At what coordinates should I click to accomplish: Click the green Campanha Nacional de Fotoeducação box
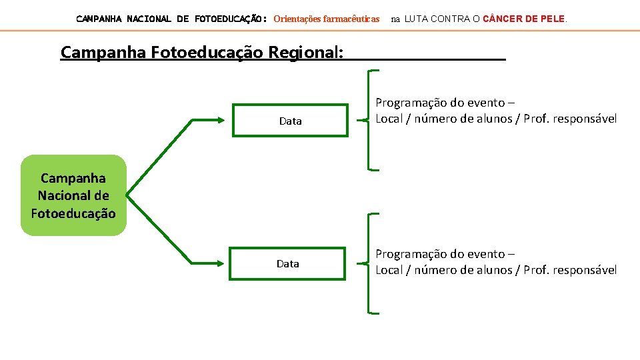(73, 195)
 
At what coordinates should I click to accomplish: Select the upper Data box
(290, 121)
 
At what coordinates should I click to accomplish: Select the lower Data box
(288, 263)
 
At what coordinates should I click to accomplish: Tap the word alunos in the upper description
(496, 119)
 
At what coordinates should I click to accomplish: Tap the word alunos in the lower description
(496, 270)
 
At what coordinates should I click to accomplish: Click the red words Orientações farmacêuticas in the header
(327, 19)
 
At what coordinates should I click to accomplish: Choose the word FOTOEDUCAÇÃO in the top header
(231, 19)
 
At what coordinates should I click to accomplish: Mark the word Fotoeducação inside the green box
(73, 213)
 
